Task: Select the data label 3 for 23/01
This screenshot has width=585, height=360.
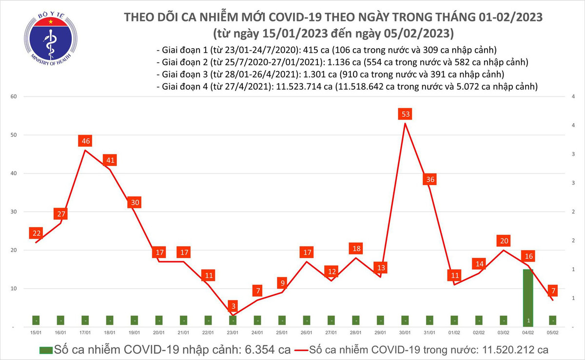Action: (233, 306)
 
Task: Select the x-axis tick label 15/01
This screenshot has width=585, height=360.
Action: (36, 333)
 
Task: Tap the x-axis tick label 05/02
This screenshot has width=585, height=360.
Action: (552, 333)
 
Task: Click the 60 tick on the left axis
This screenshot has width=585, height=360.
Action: (14, 96)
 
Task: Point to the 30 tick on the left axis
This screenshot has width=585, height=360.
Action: (14, 212)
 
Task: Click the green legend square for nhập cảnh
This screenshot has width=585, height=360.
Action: (46, 350)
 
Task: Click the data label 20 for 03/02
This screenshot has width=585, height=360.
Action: (504, 241)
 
